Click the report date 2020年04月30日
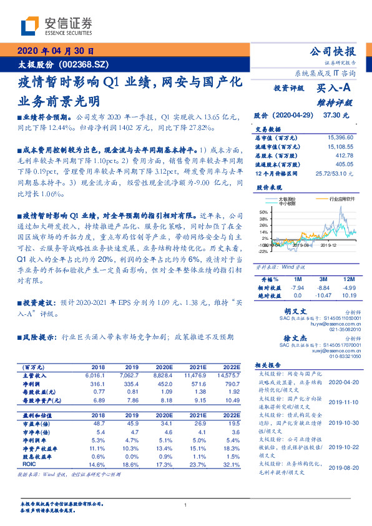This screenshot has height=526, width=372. click(x=55, y=51)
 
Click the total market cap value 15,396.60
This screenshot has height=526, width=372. click(x=341, y=137)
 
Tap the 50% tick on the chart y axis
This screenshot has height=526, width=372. click(x=263, y=212)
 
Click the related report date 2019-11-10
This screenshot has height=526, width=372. click(x=342, y=403)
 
